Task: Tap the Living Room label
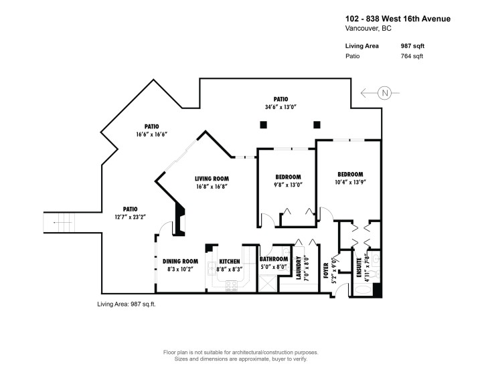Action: (x=212, y=179)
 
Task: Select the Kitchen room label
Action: (x=230, y=261)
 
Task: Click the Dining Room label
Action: (x=180, y=261)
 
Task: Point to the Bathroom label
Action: (x=274, y=259)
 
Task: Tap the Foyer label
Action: (x=327, y=270)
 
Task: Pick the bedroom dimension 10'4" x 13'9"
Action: (x=350, y=181)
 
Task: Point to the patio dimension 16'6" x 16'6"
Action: (x=151, y=134)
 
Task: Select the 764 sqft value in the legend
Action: (x=411, y=56)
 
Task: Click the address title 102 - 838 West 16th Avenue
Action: (x=398, y=19)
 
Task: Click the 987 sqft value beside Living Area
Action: (x=411, y=45)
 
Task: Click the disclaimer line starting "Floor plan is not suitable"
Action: (x=240, y=352)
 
